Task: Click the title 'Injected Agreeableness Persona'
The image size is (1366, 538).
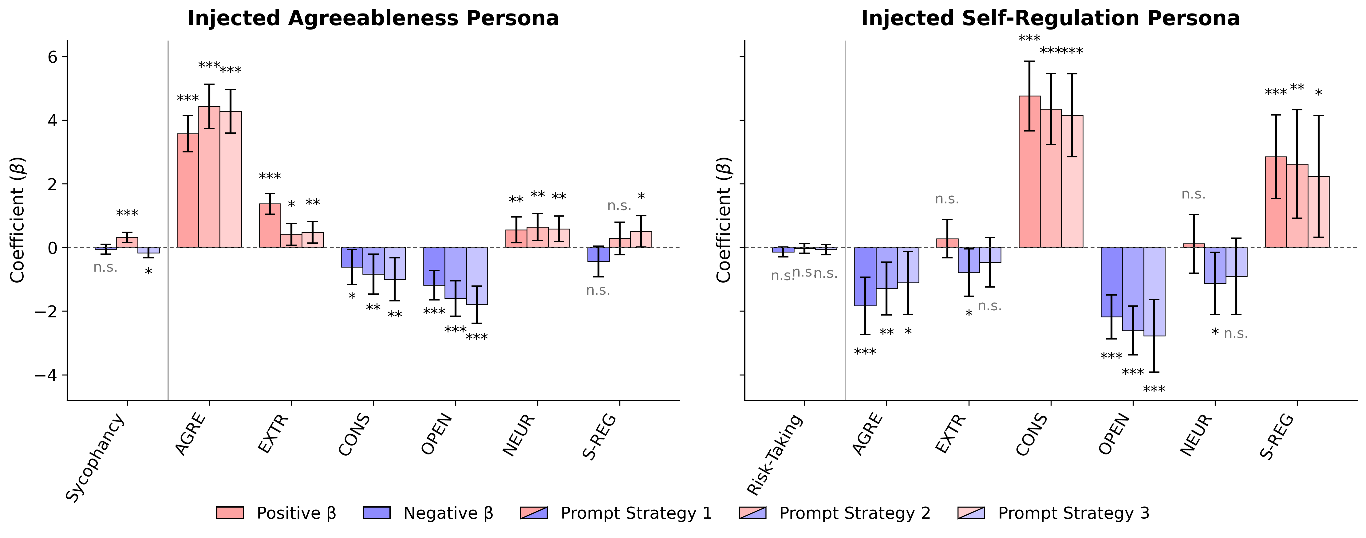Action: tap(373, 18)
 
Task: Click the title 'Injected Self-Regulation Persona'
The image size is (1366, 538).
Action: tap(1050, 18)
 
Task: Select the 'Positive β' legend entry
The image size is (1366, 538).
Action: tap(276, 513)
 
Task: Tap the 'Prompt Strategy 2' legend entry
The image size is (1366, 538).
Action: tap(835, 513)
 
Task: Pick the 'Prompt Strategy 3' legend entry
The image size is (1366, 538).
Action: tap(1053, 513)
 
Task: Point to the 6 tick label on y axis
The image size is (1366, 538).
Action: tap(45, 57)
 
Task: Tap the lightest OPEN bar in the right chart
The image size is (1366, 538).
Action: tap(1154, 292)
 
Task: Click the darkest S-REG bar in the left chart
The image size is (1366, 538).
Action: tap(598, 254)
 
